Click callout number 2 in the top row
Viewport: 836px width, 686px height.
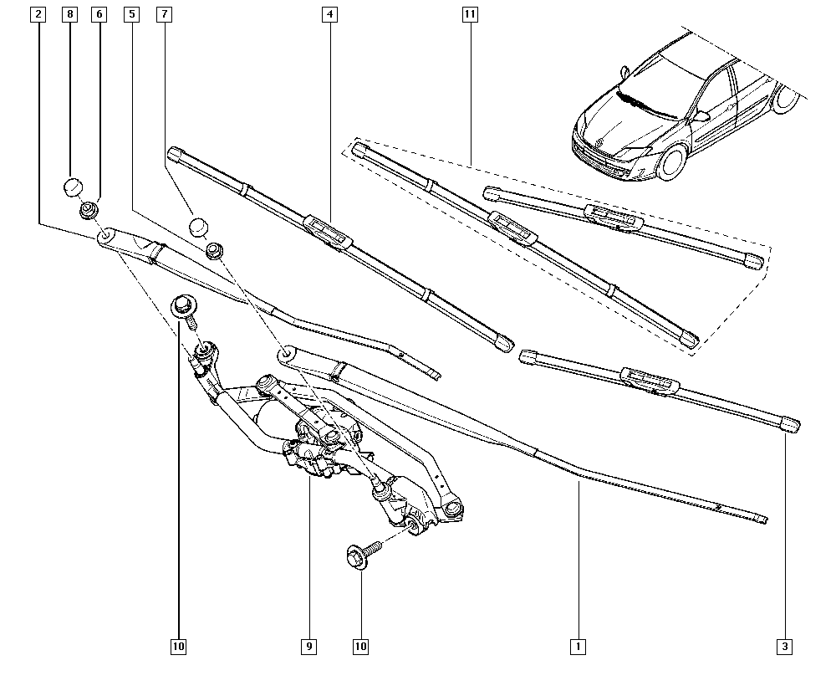(x=37, y=14)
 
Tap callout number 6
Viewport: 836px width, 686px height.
(x=99, y=14)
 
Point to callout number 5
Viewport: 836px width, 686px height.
(x=131, y=14)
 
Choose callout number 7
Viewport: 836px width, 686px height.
(x=163, y=14)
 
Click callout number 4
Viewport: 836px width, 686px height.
(x=330, y=14)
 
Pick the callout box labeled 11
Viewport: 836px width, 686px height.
(x=470, y=14)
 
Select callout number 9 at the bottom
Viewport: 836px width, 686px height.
(x=309, y=646)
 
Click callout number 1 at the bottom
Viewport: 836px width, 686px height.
(x=577, y=646)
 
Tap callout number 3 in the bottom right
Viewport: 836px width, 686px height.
(x=785, y=646)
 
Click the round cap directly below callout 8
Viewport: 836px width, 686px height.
(x=74, y=186)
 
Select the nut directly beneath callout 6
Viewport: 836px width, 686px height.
(x=89, y=210)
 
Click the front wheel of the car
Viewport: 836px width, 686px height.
(x=671, y=162)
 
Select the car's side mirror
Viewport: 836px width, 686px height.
(x=701, y=116)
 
